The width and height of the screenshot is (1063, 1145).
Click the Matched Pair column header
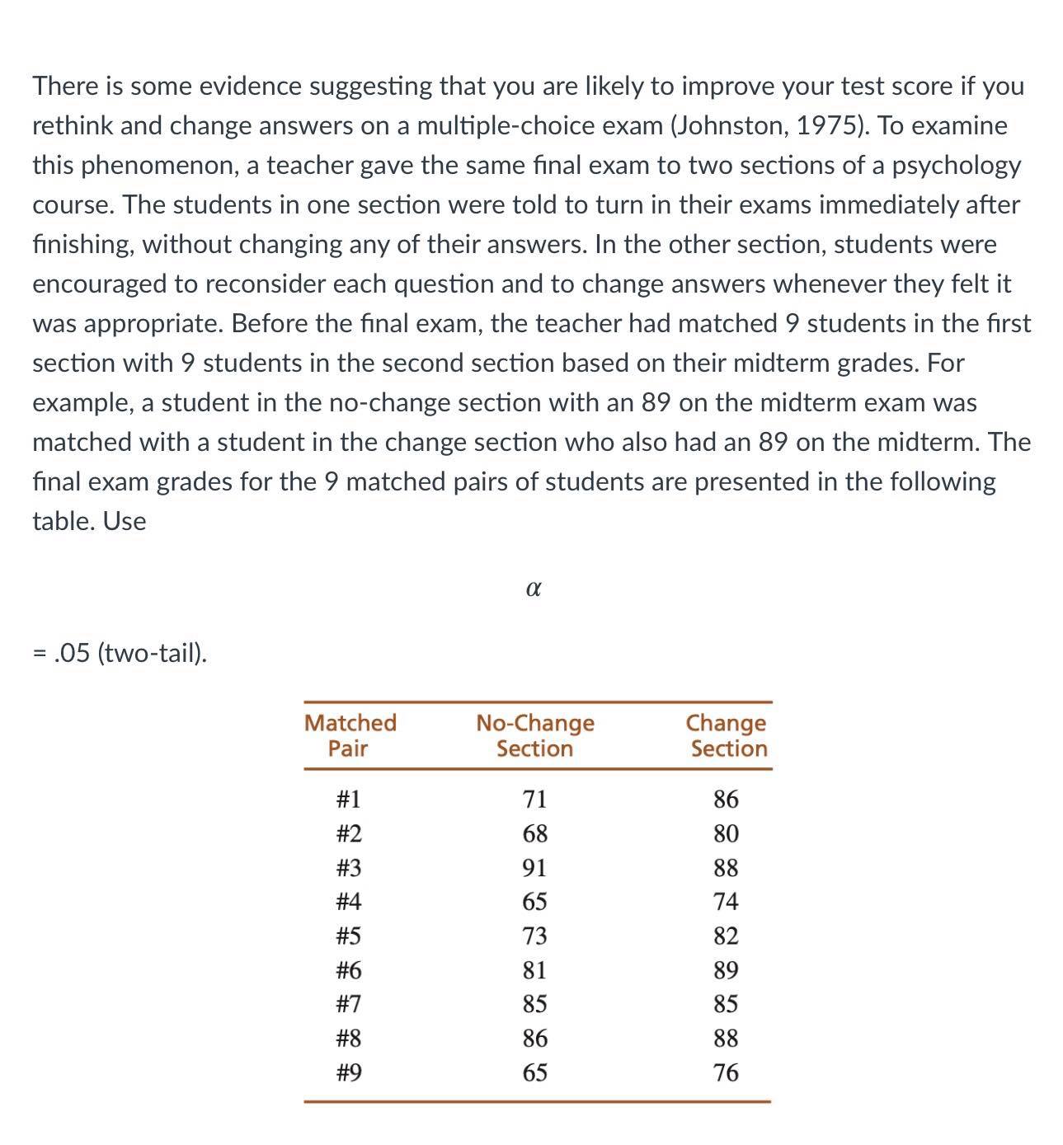click(x=350, y=735)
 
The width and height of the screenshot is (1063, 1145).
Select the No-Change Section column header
click(x=534, y=735)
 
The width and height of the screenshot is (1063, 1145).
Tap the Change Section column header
click(x=727, y=735)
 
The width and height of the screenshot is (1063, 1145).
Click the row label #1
click(x=348, y=800)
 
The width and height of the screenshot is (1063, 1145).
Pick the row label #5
click(x=348, y=936)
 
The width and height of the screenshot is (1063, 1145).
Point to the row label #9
click(x=348, y=1072)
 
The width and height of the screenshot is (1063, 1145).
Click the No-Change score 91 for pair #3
click(x=534, y=868)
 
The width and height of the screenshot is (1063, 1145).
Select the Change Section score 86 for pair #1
click(x=726, y=800)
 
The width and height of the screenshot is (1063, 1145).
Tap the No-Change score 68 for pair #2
click(x=534, y=833)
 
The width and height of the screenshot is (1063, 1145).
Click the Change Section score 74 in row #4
click(x=726, y=902)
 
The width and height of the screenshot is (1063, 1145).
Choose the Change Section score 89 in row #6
click(x=726, y=970)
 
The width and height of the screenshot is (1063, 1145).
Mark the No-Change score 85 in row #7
click(x=534, y=1004)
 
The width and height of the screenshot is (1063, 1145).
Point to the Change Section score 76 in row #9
click(x=726, y=1072)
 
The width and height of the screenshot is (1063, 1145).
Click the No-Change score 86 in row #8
click(x=534, y=1039)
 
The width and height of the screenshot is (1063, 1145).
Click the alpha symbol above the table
click(x=533, y=589)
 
